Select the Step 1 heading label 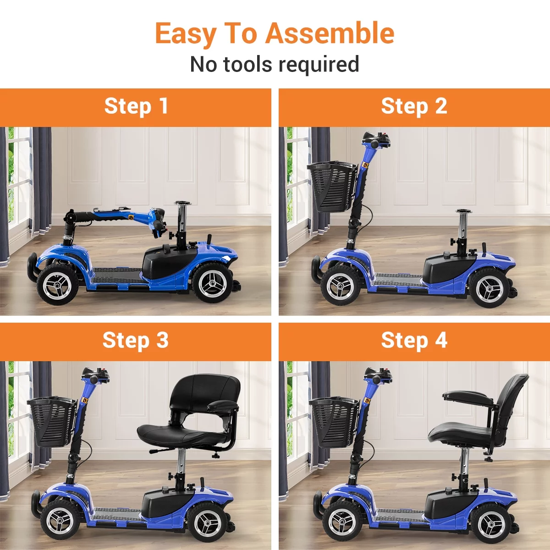click(x=136, y=106)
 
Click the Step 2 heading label click(x=414, y=106)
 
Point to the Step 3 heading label click(x=136, y=341)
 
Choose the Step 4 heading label click(x=414, y=341)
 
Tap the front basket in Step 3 click(x=51, y=421)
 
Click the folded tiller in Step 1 click(x=115, y=215)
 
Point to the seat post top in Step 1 click(x=184, y=203)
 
